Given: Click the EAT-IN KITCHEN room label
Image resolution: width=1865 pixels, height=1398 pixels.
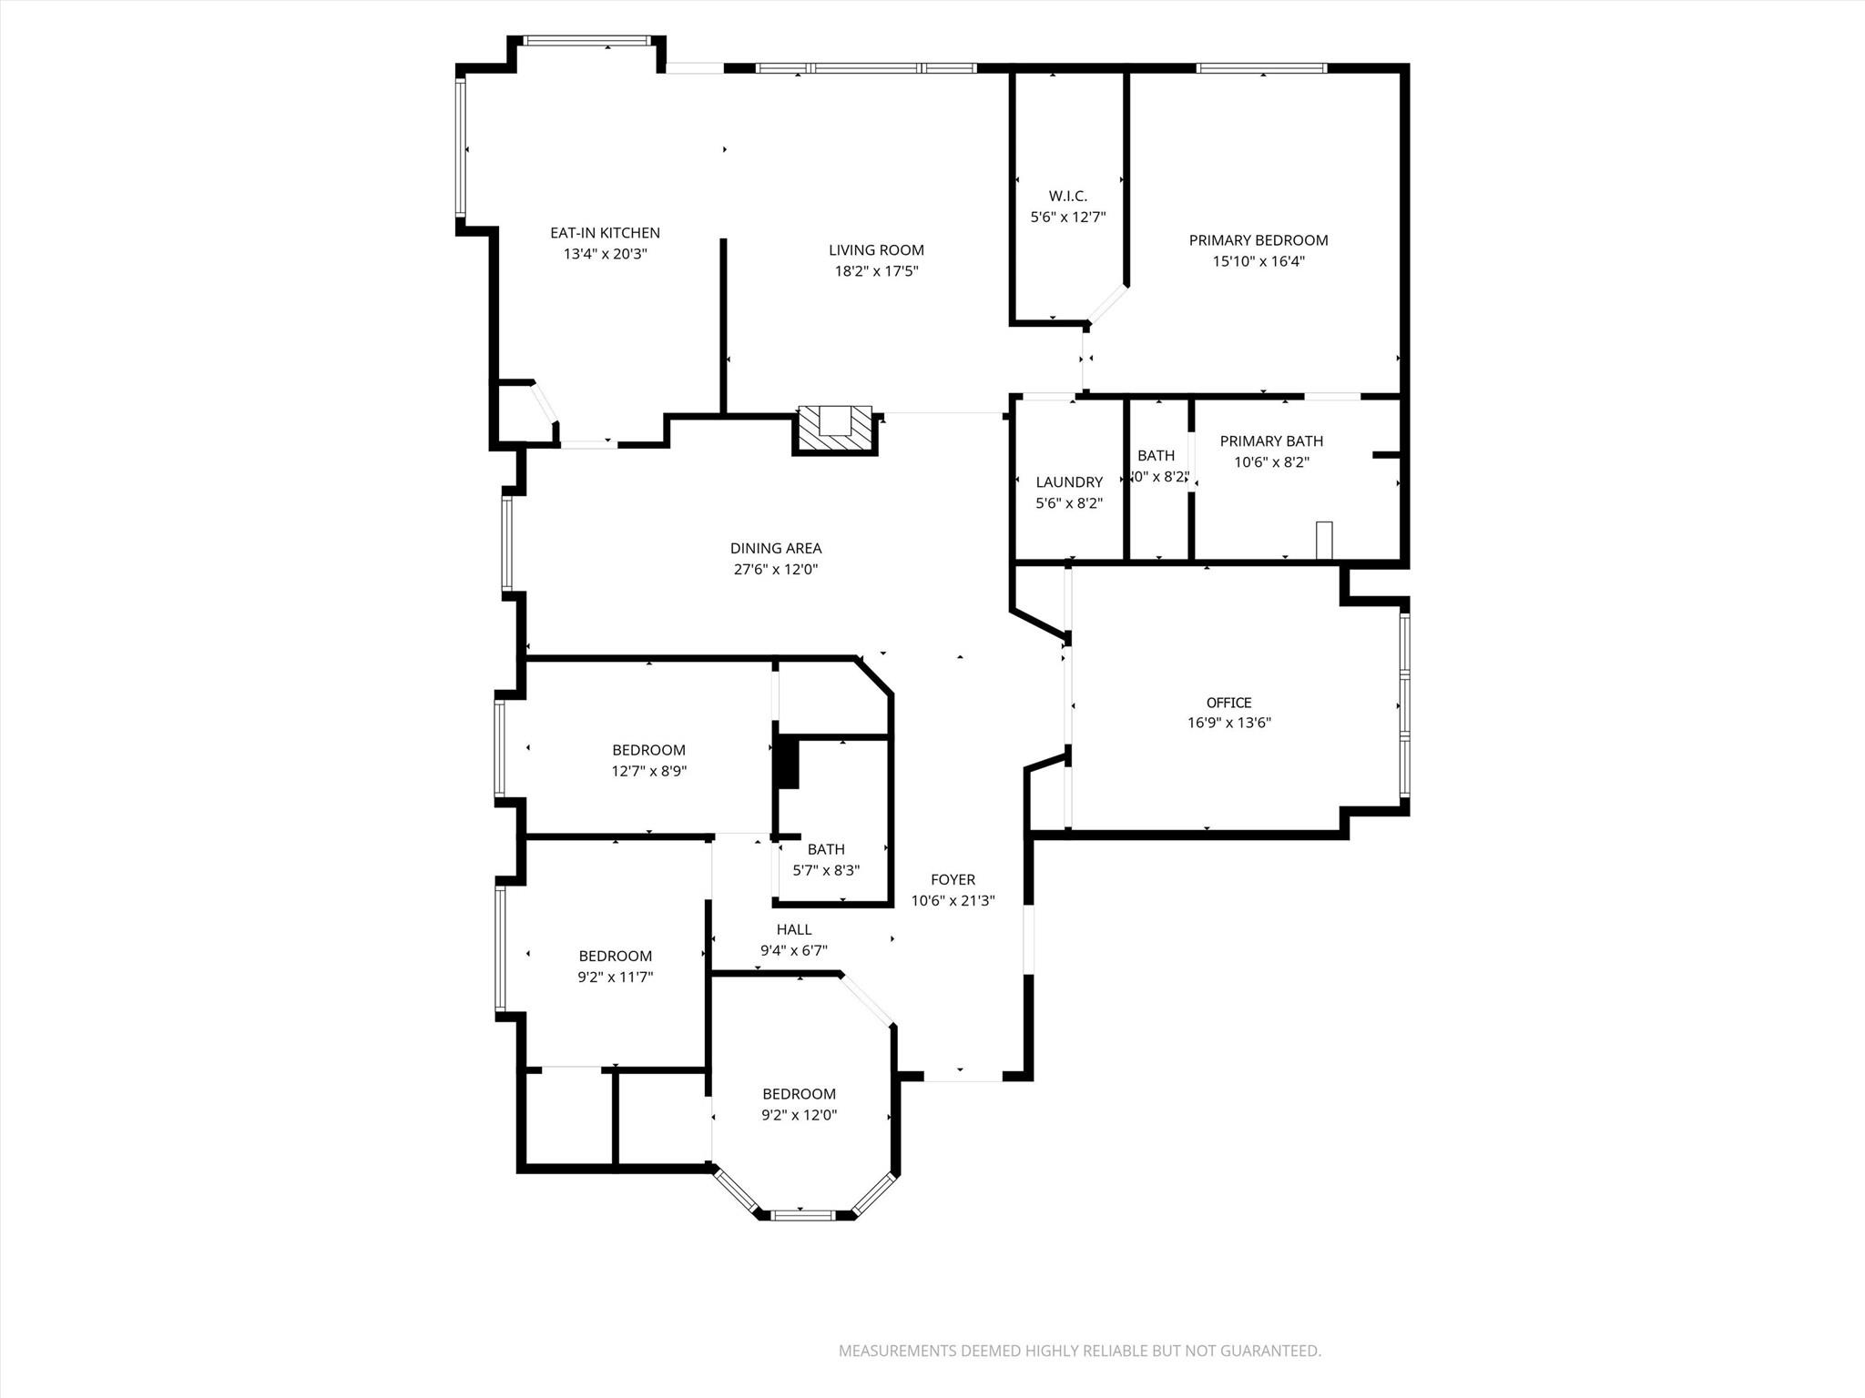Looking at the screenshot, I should (x=605, y=233).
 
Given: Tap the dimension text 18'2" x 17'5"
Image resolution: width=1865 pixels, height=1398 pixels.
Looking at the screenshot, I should (x=876, y=271).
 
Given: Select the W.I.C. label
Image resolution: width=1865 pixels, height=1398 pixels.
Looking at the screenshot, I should (x=1067, y=196).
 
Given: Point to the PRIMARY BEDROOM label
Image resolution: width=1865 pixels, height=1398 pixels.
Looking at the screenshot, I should (x=1258, y=240).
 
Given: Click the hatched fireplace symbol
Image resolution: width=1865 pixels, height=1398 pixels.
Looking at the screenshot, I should (x=834, y=429).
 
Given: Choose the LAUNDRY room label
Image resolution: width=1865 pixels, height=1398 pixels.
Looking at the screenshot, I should (x=1068, y=482).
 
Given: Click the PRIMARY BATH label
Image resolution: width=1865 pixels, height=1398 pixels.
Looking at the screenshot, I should (x=1271, y=441).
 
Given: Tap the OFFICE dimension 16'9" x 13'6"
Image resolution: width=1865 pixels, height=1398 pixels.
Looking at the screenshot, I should (x=1228, y=724).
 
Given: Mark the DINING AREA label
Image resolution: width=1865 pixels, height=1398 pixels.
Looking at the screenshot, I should (x=775, y=549).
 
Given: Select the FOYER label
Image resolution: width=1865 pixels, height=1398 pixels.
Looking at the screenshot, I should (x=953, y=880).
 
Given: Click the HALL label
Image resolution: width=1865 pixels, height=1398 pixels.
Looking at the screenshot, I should (x=793, y=930).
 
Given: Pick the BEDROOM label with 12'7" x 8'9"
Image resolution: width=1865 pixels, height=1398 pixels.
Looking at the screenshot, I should (x=648, y=750).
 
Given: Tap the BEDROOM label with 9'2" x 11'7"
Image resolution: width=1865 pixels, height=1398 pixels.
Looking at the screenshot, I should (x=615, y=957).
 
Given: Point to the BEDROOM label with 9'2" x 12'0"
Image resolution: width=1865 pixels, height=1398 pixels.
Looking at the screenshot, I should (x=799, y=1094).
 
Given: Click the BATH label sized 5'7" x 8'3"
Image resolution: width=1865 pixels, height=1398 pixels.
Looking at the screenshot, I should (x=825, y=850).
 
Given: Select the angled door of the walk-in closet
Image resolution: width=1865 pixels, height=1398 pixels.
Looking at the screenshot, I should (x=1108, y=305).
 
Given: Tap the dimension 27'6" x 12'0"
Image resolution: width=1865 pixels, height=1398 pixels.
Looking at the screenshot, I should (x=775, y=570).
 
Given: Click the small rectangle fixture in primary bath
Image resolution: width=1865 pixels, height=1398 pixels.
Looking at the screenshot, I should (x=1324, y=540).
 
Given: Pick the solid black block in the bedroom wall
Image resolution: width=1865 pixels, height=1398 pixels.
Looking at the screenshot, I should (x=786, y=763).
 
